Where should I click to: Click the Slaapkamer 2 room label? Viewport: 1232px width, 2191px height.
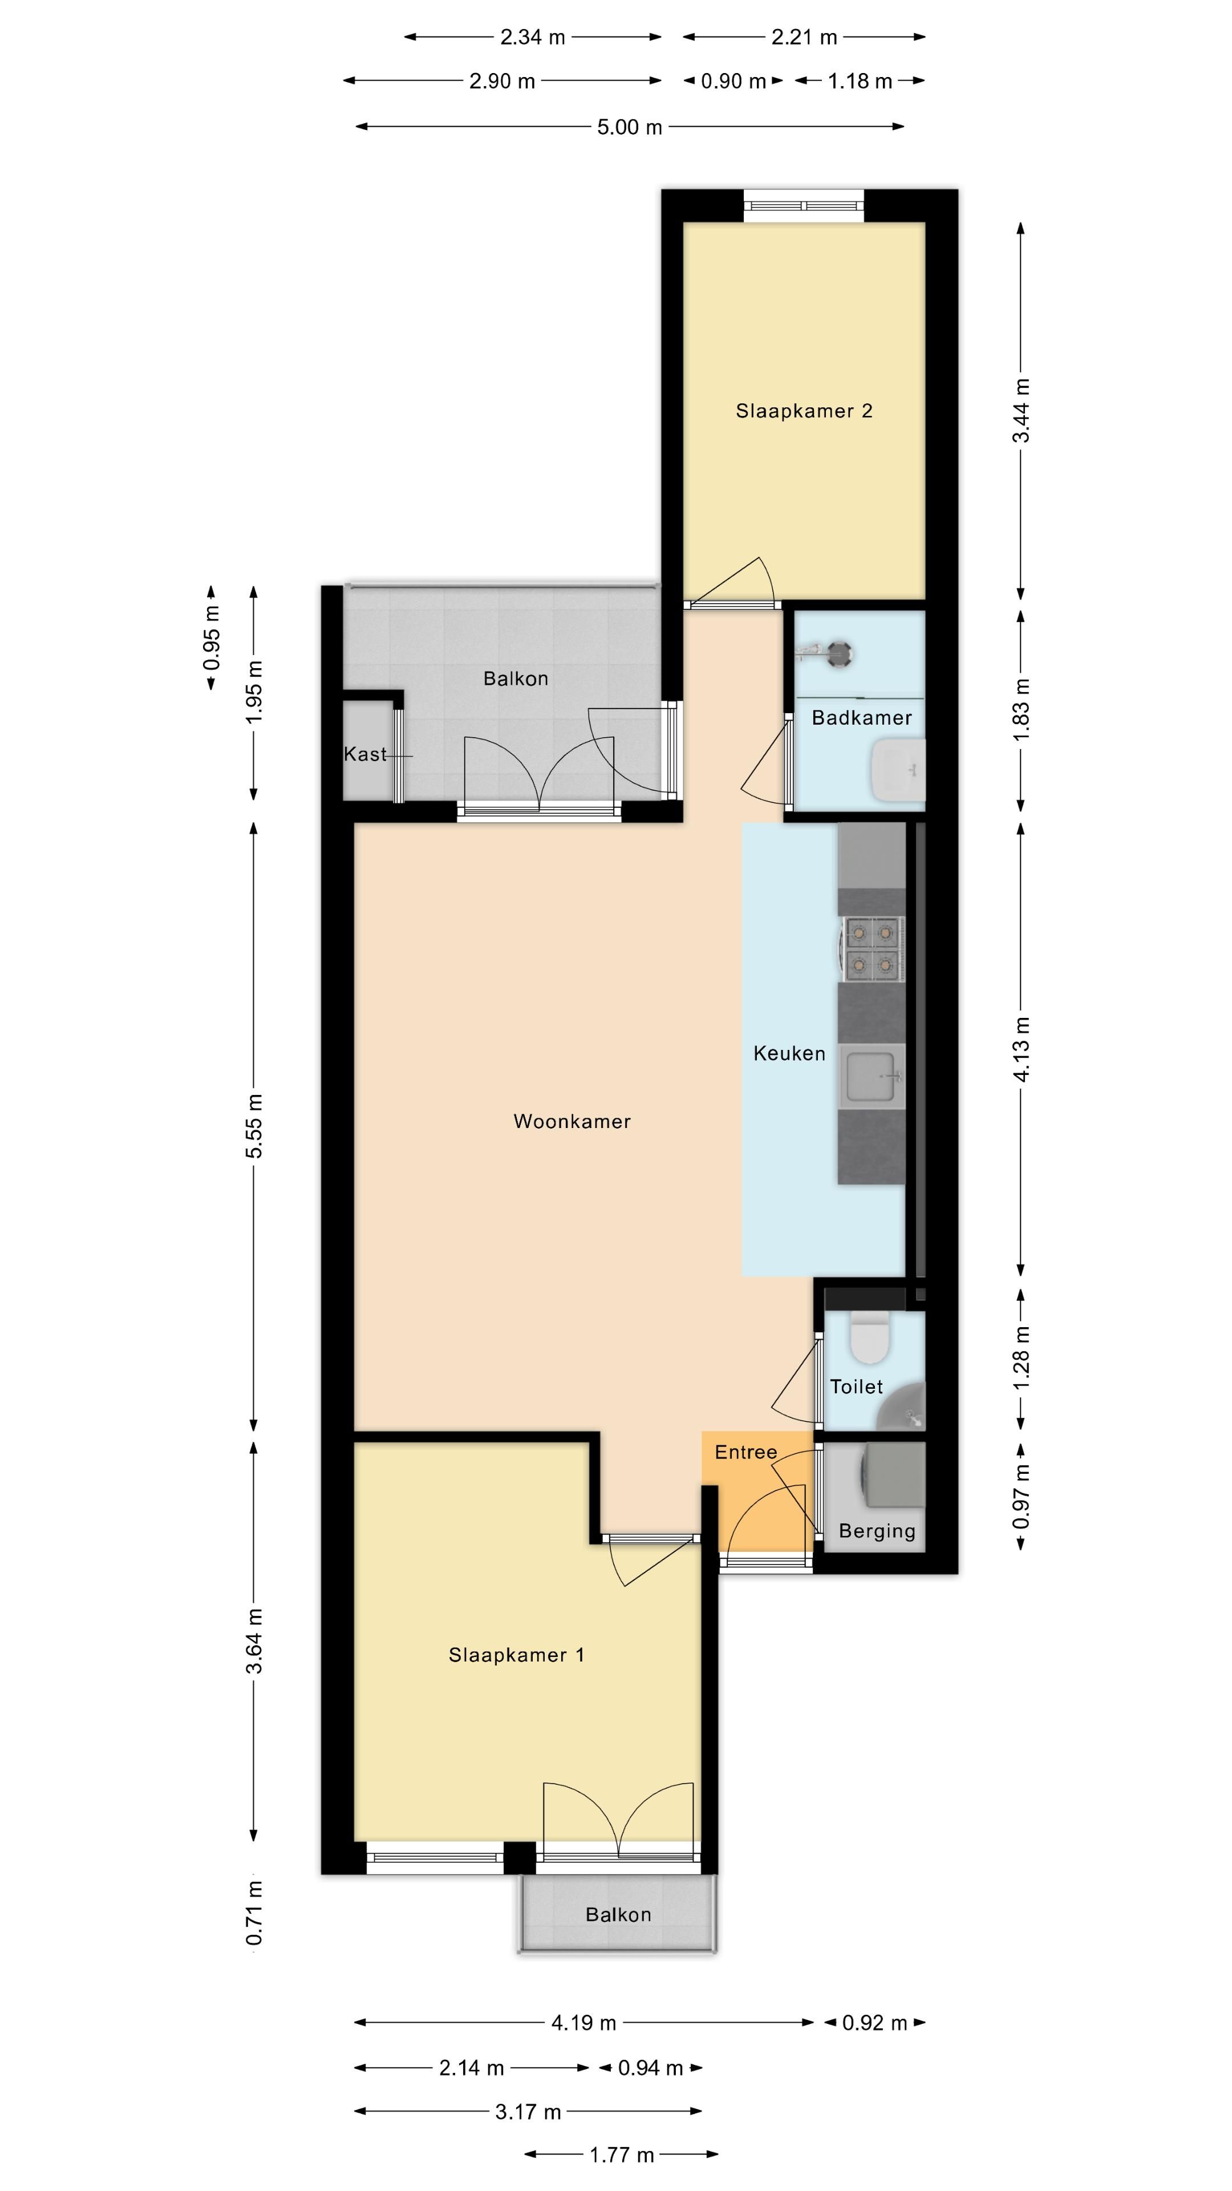[804, 411]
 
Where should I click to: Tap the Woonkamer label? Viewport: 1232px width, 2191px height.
[572, 1121]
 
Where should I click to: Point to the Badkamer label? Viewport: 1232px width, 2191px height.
[861, 717]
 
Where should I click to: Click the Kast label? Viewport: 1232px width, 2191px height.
[365, 754]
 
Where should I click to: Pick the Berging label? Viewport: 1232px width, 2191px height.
[877, 1531]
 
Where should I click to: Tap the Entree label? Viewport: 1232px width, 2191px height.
[745, 1452]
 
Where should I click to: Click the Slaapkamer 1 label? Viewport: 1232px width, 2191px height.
[516, 1671]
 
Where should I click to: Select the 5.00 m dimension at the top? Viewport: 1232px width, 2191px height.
[629, 127]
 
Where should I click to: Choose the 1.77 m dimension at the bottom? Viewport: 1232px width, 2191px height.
[622, 2154]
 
